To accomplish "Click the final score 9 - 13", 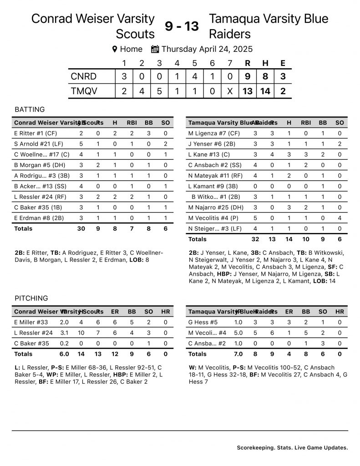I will point(182,27).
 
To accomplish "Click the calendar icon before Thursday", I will point(155,49).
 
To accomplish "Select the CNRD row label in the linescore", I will point(84,76).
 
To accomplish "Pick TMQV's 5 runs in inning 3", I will point(159,91).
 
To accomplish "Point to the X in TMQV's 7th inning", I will point(230,91).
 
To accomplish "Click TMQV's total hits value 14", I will point(265,91).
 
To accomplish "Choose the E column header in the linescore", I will point(283,63).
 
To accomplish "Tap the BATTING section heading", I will point(30,110).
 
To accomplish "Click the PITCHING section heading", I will point(31,299).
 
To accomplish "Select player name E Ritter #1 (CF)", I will point(36,133).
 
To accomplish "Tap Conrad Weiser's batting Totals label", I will point(23,228).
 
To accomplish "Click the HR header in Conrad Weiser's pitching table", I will point(166,312).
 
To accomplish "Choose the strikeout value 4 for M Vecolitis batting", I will point(340,218).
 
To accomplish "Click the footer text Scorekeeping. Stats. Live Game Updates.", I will point(292,448).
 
